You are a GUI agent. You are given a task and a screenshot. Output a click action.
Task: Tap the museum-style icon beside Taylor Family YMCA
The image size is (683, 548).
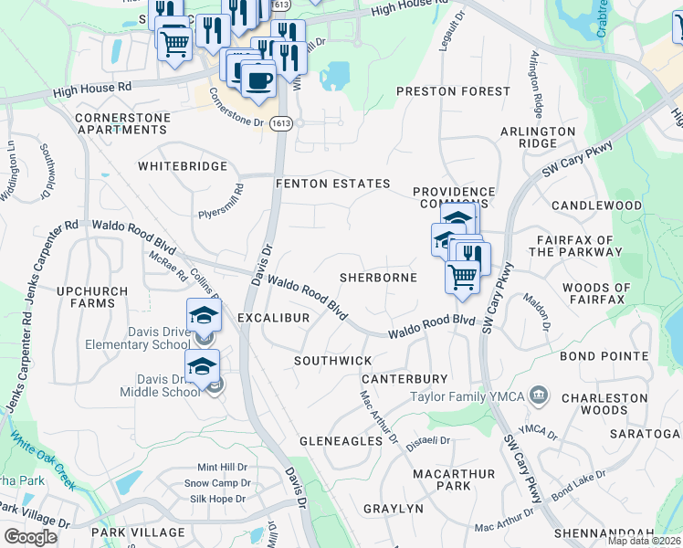[540, 395]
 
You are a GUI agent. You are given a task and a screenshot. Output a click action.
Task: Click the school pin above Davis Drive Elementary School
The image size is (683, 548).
[204, 316]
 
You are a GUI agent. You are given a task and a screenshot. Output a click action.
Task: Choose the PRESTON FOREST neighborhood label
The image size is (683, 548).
[453, 91]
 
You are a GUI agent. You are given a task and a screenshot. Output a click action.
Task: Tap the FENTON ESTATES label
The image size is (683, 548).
[333, 184]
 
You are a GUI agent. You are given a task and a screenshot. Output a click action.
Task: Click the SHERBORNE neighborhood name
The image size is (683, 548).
[378, 277]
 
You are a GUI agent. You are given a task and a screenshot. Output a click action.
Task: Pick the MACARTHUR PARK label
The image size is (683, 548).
[454, 480]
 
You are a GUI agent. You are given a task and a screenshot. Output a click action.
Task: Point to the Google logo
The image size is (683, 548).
[30, 536]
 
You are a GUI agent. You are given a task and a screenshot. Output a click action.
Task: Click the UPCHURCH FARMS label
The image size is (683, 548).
[86, 297]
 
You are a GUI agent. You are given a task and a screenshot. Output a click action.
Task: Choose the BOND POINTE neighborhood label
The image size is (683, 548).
[604, 356]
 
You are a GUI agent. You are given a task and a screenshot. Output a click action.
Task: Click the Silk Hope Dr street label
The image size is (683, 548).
[216, 499]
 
